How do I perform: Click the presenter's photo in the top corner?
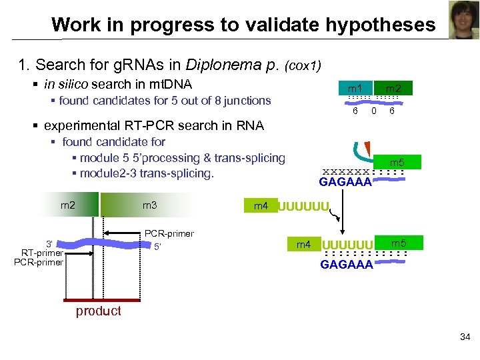[463, 20]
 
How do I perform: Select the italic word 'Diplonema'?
[225, 65]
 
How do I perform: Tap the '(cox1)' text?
[303, 66]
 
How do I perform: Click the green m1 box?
[355, 88]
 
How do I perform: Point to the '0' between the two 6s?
[374, 111]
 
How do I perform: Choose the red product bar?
[99, 301]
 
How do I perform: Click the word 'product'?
[99, 311]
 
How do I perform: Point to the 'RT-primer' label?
[41, 252]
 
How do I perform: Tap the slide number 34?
[465, 337]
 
